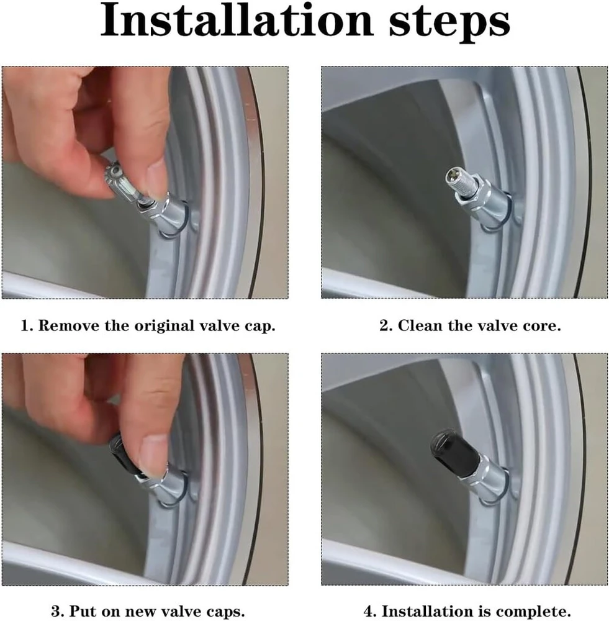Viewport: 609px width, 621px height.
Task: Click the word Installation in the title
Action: click(237, 20)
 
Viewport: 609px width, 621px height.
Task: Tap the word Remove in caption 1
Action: click(69, 325)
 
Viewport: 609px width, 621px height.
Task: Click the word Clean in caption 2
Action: click(420, 325)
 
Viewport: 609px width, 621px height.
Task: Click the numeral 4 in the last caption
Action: click(369, 611)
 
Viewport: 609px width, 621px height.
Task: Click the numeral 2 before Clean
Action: click(384, 325)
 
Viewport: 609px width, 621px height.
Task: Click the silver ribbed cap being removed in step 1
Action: click(121, 179)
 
